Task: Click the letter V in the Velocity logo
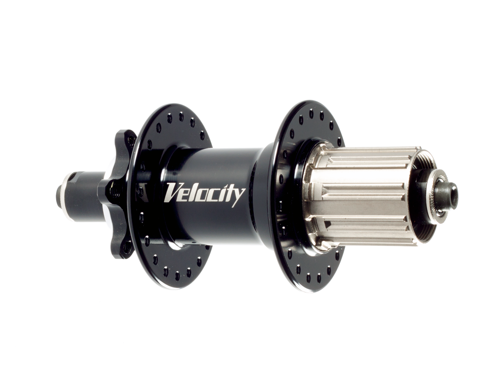point(172,192)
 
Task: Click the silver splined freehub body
point(361,196)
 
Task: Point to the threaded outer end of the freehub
point(422,196)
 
